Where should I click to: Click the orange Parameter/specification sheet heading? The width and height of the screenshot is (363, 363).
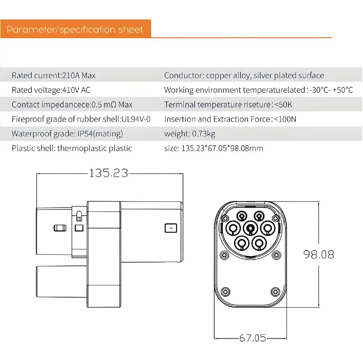point(75,30)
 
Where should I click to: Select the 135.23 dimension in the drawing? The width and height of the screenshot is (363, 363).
point(109,173)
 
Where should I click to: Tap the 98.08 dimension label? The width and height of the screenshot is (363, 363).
point(319,254)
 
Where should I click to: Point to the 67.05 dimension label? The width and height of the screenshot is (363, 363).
point(253,338)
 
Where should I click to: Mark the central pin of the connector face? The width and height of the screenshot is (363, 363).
point(250,227)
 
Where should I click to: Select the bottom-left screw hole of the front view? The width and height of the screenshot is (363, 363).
point(226,291)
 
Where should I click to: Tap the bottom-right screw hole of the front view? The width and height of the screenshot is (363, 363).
point(275,291)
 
